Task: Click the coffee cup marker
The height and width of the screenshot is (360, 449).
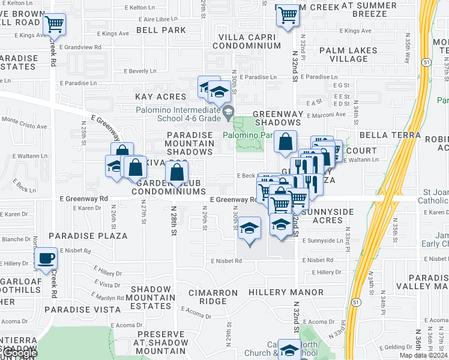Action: coord(46,259)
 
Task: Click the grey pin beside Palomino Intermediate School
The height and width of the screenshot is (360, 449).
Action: coord(228,112)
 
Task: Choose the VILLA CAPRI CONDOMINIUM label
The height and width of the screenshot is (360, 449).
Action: coord(247,40)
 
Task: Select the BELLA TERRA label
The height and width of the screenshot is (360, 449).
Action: coord(390,135)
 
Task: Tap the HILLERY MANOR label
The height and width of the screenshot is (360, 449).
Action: coord(286,292)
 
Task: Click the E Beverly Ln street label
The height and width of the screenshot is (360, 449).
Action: coord(140,71)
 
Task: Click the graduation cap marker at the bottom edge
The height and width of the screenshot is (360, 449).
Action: coord(289,351)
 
